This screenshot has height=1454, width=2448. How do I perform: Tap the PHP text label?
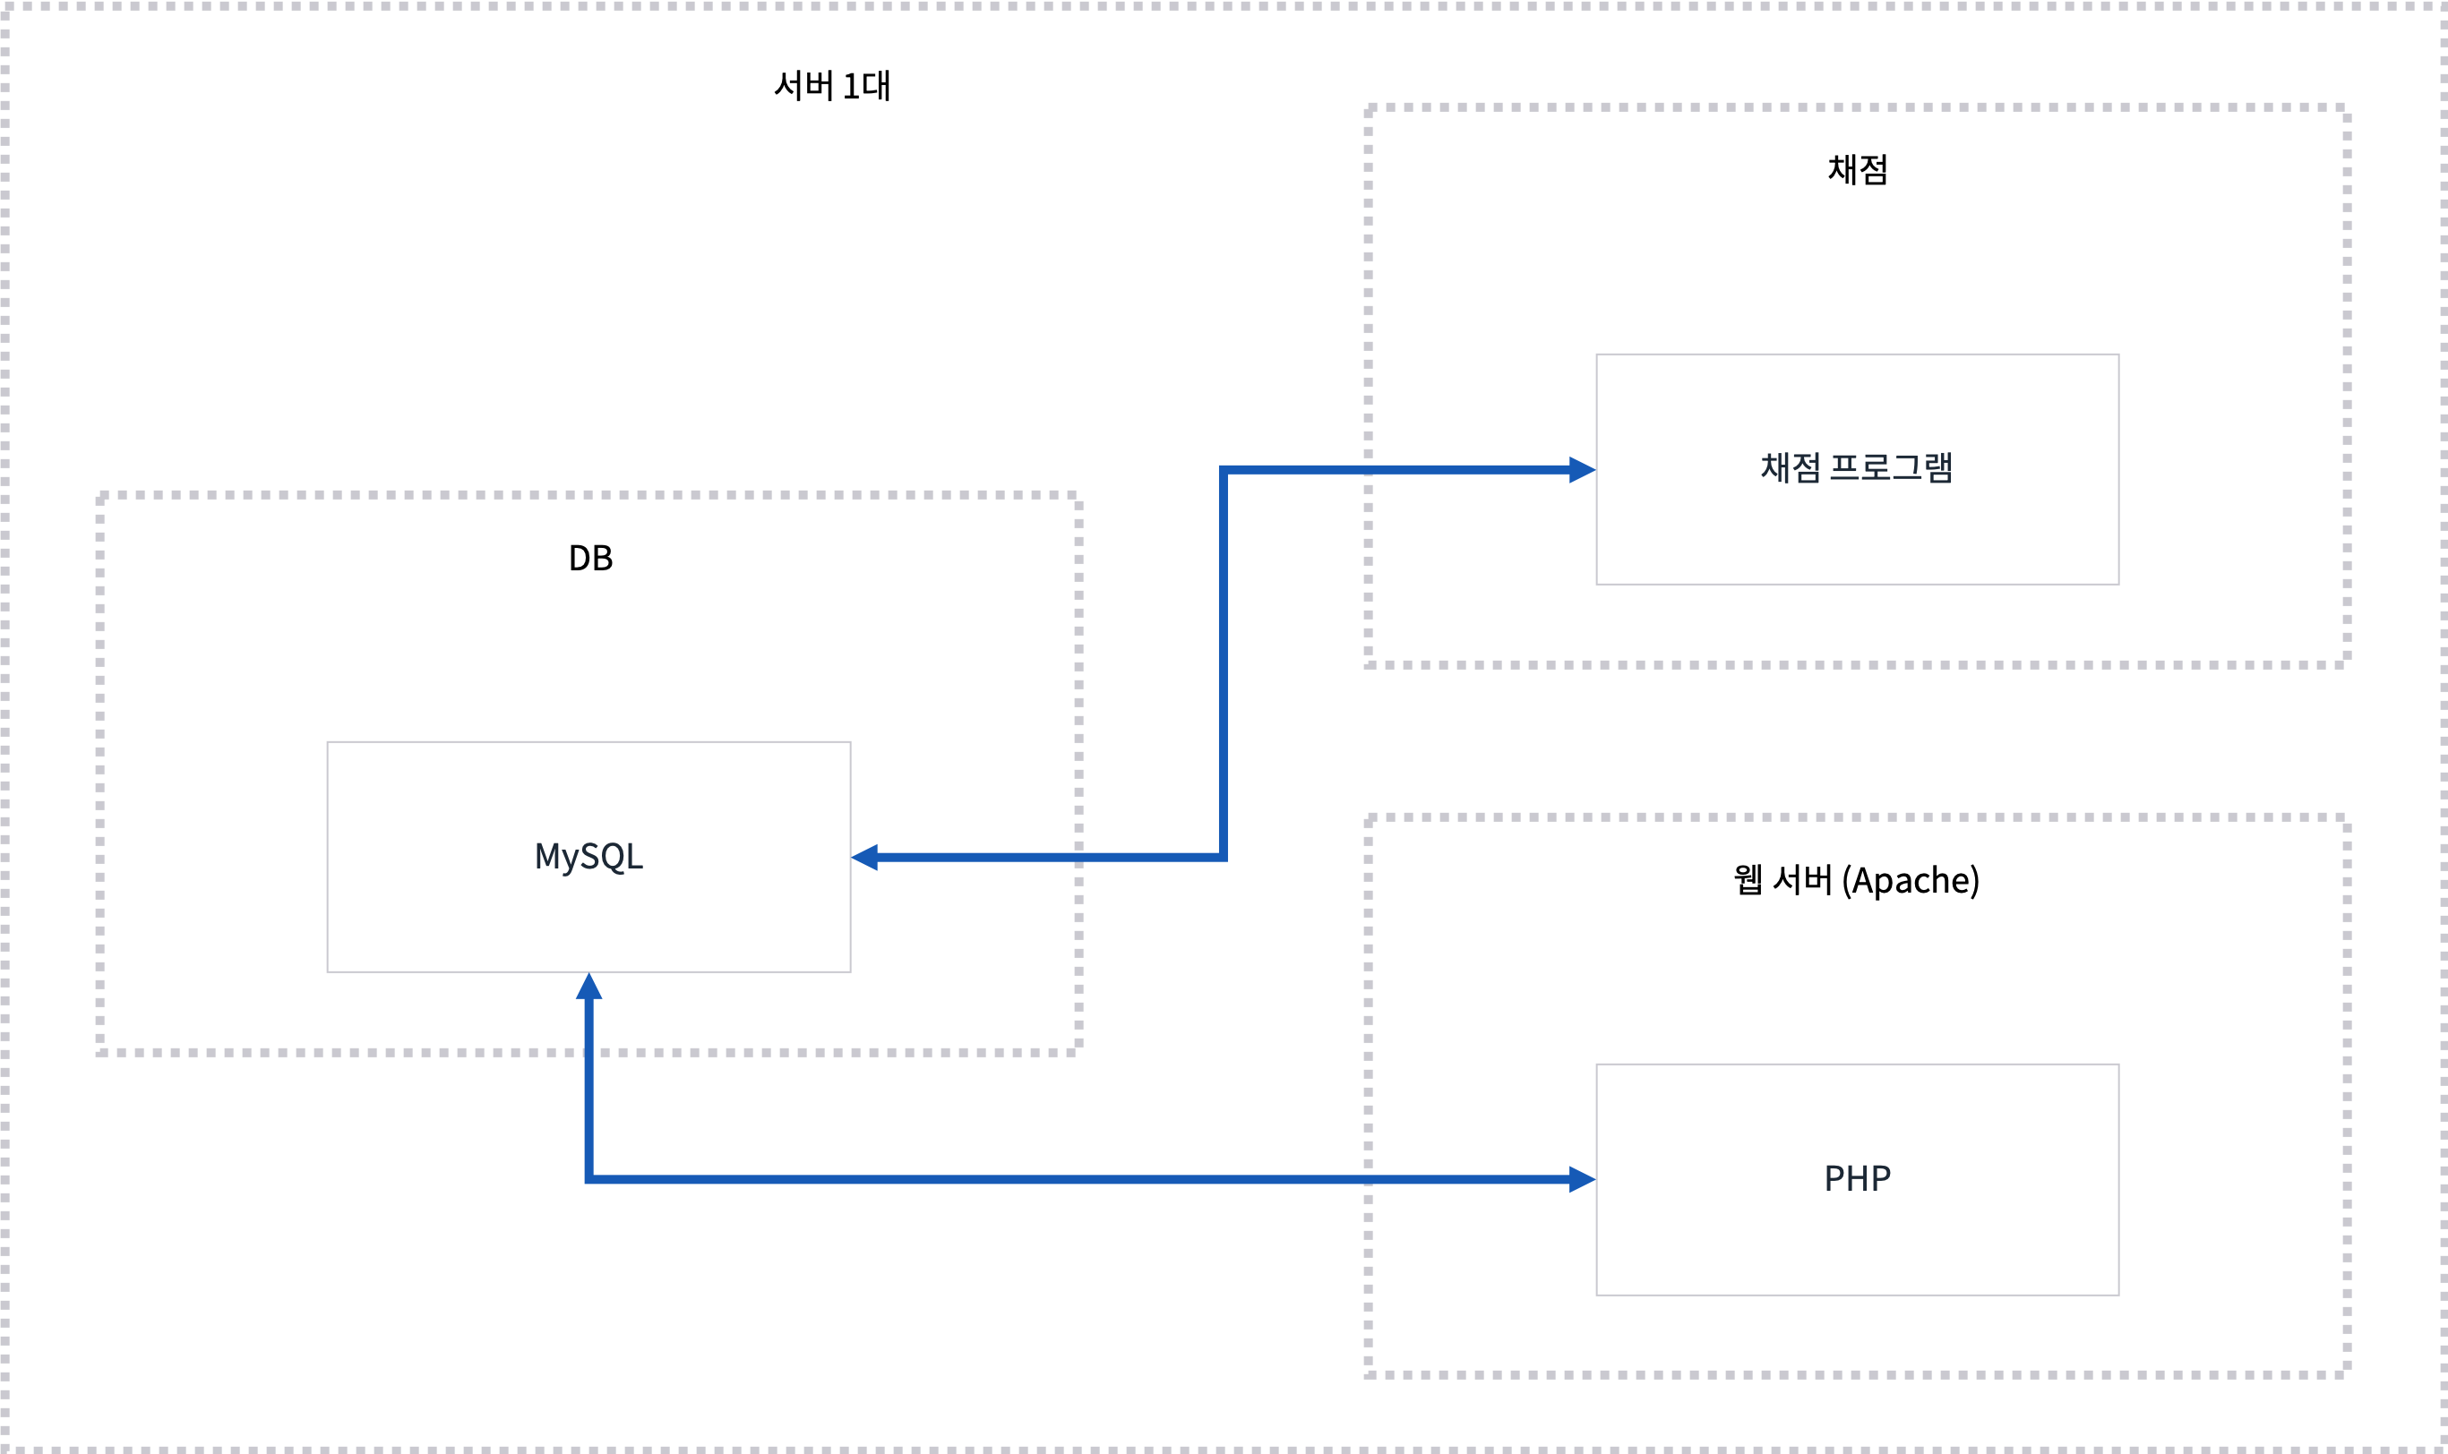pos(1857,1178)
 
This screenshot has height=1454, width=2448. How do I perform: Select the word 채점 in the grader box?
pos(1791,467)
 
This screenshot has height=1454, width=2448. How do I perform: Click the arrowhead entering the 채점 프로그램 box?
pos(1582,469)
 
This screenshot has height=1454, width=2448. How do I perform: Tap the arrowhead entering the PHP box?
pos(1582,1178)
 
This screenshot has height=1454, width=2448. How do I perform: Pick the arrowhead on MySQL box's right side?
pos(864,858)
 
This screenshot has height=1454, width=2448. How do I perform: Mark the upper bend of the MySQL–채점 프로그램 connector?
pos(1223,469)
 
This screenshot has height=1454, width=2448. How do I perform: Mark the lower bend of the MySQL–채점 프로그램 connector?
pos(1223,858)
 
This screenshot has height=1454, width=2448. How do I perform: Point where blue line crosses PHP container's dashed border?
pos(1368,1178)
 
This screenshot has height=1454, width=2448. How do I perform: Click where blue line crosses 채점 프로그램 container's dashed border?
pos(1368,469)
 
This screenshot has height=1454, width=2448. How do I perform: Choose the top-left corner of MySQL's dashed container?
pos(100,496)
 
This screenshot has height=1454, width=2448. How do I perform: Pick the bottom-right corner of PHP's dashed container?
pos(2346,1373)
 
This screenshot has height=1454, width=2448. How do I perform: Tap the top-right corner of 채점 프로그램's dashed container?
pos(2346,107)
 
